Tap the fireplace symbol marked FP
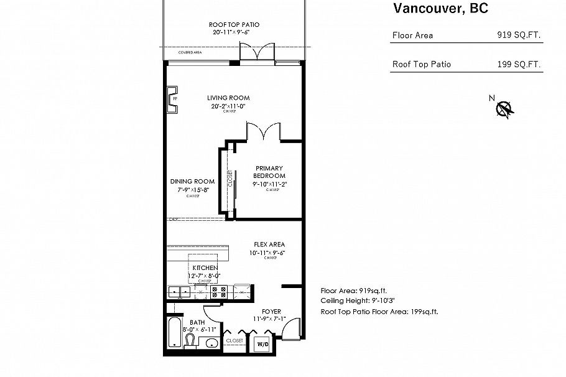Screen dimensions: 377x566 tap(172, 100)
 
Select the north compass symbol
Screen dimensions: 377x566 tap(503, 108)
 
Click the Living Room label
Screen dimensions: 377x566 tap(228, 98)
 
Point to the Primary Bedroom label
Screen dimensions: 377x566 tap(269, 172)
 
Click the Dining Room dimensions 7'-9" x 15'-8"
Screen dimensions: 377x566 tap(193, 189)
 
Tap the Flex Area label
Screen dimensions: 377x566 tap(269, 244)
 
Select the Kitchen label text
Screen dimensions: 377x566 tap(205, 268)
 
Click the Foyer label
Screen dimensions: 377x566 tap(271, 311)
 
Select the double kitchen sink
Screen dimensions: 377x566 tap(180, 291)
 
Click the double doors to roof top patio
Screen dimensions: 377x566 tap(257, 54)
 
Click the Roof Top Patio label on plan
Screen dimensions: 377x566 tap(234, 24)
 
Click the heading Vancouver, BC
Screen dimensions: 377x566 tap(440, 8)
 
